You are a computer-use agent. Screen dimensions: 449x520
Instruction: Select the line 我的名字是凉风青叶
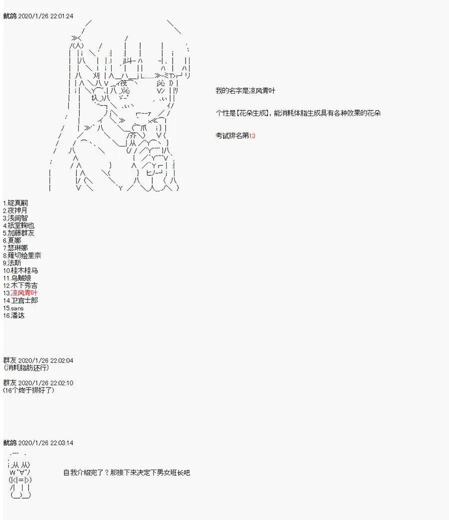(x=245, y=91)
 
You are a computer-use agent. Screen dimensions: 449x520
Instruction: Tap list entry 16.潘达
(x=14, y=316)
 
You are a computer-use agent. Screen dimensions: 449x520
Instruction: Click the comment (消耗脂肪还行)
(x=26, y=368)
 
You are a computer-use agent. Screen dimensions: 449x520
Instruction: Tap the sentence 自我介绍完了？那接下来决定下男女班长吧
(x=127, y=473)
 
